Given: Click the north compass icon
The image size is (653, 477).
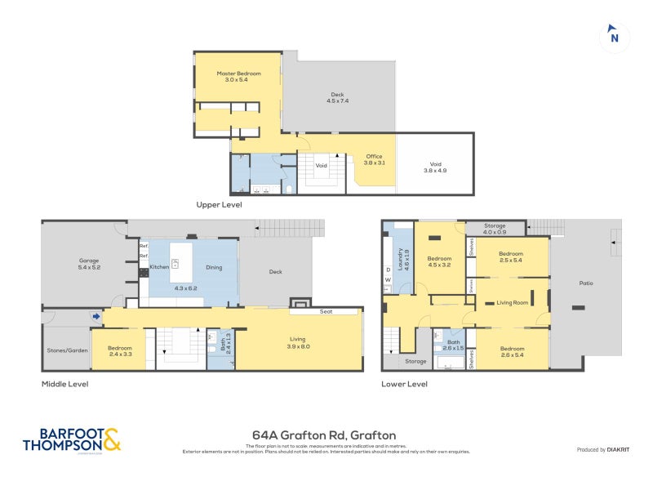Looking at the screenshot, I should (x=615, y=37).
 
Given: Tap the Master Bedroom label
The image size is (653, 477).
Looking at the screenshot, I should (x=238, y=74).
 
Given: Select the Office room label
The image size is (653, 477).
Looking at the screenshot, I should (x=374, y=156).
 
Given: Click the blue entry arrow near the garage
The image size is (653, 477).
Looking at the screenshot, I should (x=96, y=316).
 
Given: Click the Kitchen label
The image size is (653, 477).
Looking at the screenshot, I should (x=159, y=267).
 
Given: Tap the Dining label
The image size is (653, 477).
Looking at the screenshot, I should (x=214, y=267).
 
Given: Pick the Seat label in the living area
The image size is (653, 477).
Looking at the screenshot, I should (x=325, y=310).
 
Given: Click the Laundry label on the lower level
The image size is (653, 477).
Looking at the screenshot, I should (x=400, y=261).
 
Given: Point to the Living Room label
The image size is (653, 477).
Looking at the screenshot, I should (x=513, y=303).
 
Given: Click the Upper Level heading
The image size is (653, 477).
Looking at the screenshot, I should (x=219, y=205).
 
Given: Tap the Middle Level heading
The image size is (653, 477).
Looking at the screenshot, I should (x=64, y=383).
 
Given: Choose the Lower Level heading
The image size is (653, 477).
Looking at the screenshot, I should (x=404, y=383).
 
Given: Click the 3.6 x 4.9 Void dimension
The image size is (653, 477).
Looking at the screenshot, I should (x=435, y=170).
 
